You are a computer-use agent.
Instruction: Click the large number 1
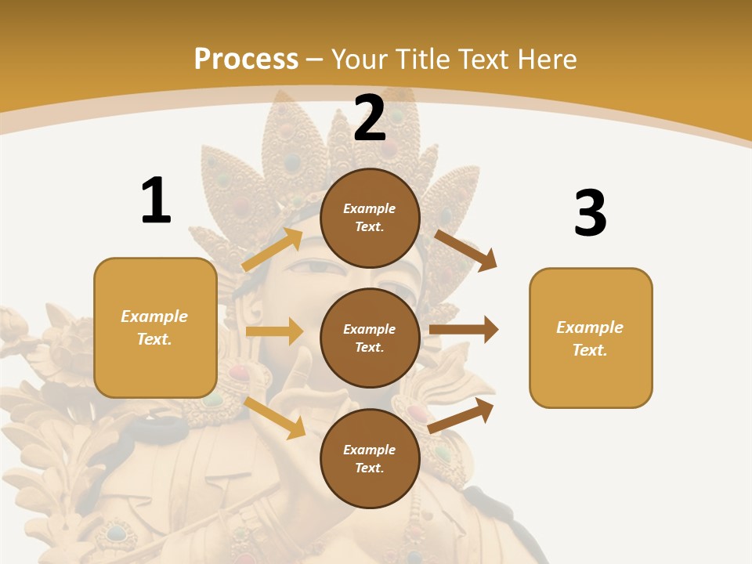click(x=156, y=201)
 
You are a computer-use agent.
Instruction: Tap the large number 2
click(x=370, y=118)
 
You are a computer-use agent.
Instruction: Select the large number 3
click(x=590, y=213)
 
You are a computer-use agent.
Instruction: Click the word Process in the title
click(x=246, y=60)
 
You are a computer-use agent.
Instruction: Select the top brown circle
click(x=371, y=218)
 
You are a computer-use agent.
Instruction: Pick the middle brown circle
click(x=371, y=338)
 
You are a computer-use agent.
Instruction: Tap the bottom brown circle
click(x=371, y=458)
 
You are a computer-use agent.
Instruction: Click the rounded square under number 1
click(x=155, y=327)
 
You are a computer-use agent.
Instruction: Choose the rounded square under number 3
click(x=591, y=338)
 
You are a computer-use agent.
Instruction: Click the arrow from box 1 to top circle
click(x=273, y=250)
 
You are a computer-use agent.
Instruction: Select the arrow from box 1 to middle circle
click(x=274, y=331)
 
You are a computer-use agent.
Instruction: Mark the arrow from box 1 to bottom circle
click(x=275, y=418)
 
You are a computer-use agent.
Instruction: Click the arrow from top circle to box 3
click(x=466, y=250)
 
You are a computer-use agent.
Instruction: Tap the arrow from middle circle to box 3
click(x=464, y=330)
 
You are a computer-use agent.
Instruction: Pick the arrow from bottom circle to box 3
click(x=461, y=415)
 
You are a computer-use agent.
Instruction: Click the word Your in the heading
click(x=361, y=60)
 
